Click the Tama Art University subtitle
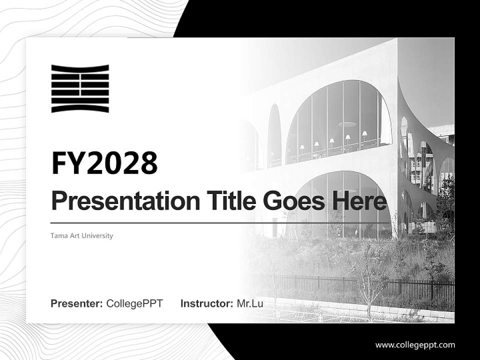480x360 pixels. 82,235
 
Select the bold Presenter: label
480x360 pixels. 77,303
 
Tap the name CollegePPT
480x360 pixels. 134,303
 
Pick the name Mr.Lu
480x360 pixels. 250,303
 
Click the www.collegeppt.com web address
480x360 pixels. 415,344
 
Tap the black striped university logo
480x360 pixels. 80,88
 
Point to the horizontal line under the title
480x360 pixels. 220,223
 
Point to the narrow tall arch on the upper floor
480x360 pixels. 274,135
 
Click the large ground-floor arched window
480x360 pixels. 345,205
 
